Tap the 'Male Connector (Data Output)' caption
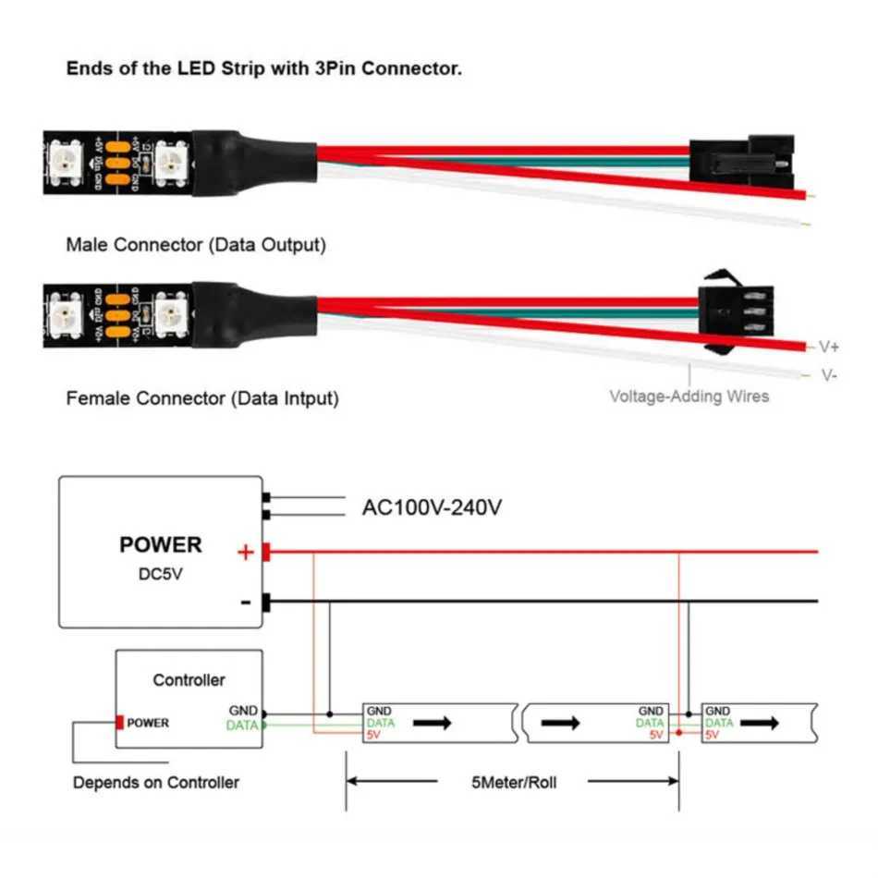[x=195, y=246]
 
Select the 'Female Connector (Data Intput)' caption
[x=201, y=398]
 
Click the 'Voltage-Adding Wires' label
[x=689, y=396]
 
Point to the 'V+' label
[x=828, y=348]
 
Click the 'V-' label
[x=828, y=375]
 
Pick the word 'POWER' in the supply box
[x=160, y=544]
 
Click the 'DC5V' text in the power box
[x=160, y=574]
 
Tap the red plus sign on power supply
[x=245, y=553]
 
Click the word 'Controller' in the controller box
[x=189, y=680]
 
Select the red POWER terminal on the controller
[x=120, y=723]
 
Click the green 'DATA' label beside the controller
[x=242, y=726]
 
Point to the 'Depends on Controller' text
[x=155, y=783]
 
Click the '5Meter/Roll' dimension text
[x=513, y=783]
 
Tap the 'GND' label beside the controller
[x=244, y=711]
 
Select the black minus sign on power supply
[x=245, y=603]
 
